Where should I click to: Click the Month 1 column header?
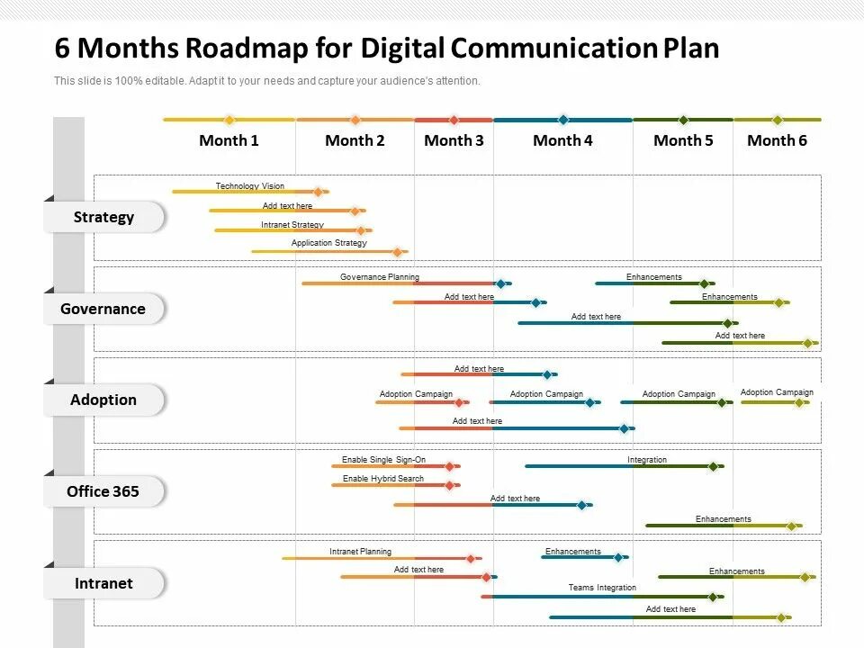(229, 140)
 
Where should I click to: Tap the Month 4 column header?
(562, 140)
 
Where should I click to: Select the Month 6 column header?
(777, 140)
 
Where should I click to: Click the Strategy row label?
(103, 217)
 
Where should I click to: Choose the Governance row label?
(103, 309)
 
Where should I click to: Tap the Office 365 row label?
(103, 491)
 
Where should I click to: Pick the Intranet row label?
(103, 583)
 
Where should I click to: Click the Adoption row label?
(103, 400)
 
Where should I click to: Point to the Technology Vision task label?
(249, 186)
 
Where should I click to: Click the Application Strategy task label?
(328, 243)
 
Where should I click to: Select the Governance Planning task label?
(379, 277)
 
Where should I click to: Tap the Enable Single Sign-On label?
(383, 460)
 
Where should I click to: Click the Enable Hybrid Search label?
(382, 479)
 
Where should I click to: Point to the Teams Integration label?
(602, 588)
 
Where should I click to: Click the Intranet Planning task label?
(360, 552)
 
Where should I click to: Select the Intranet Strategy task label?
(292, 225)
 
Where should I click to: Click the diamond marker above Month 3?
(454, 120)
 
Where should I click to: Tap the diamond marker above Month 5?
(683, 120)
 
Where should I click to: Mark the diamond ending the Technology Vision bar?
(318, 192)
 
